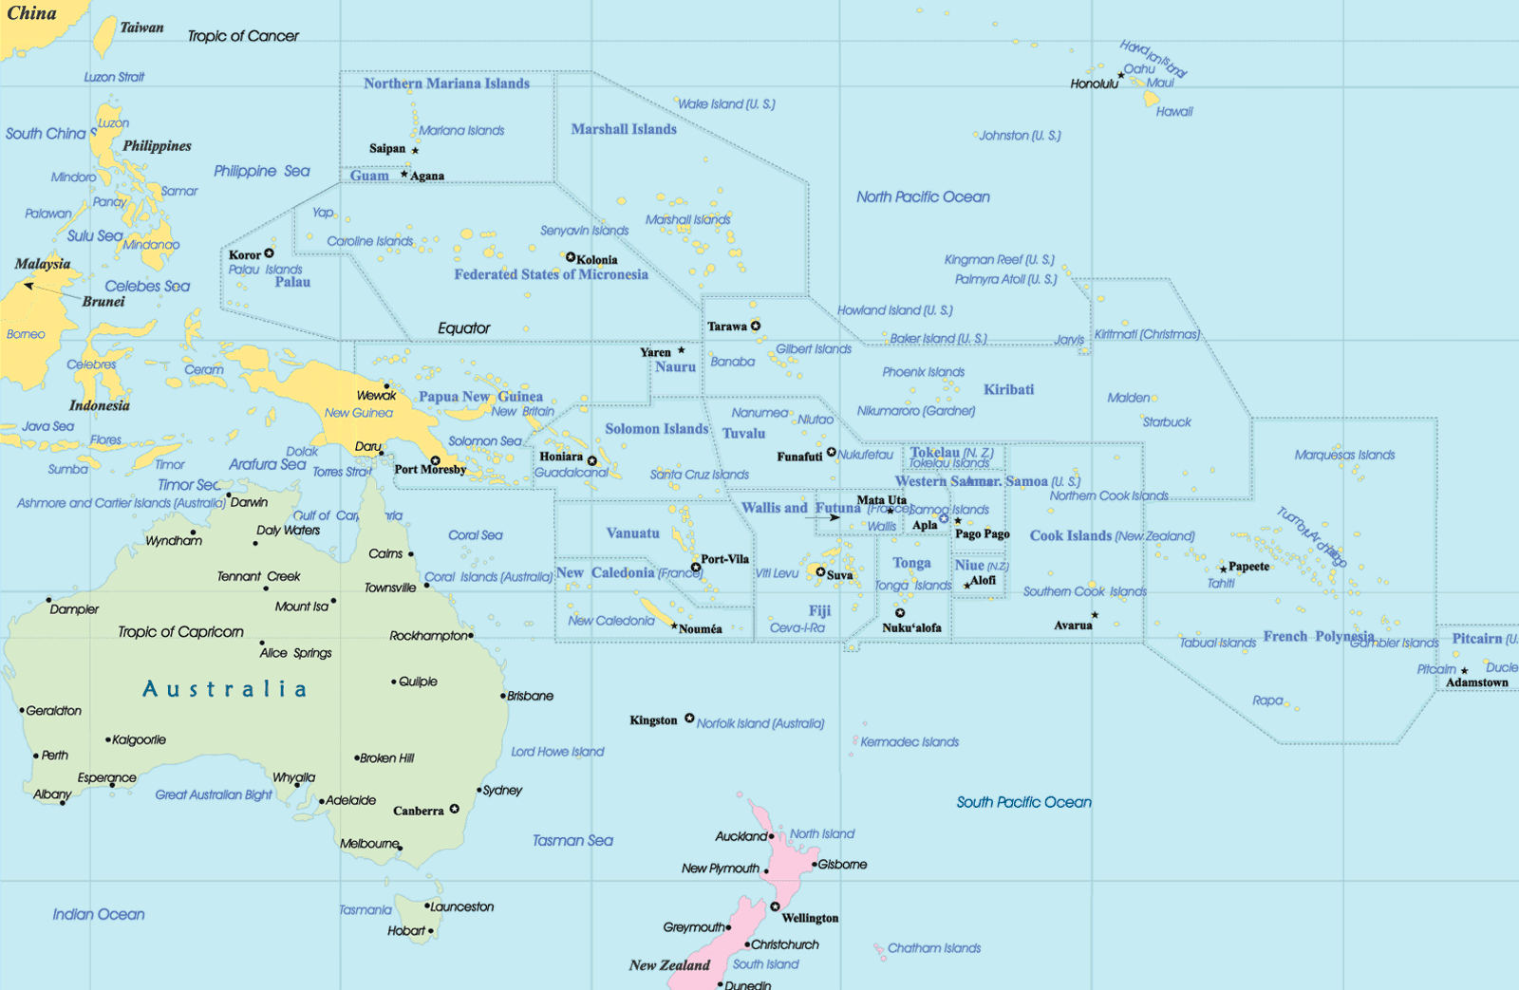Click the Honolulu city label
click(x=1094, y=84)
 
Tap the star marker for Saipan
click(x=415, y=150)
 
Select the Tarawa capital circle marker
click(x=756, y=326)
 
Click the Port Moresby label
click(x=430, y=469)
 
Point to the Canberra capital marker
click(x=455, y=809)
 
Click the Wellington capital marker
click(x=775, y=906)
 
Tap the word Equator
click(x=463, y=328)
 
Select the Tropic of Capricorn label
click(x=180, y=632)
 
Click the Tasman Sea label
click(x=572, y=841)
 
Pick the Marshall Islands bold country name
click(x=624, y=129)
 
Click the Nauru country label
click(x=675, y=367)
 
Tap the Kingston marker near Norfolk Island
click(x=689, y=719)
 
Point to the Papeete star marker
click(x=1223, y=570)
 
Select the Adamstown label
click(x=1476, y=682)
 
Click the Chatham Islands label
click(x=934, y=948)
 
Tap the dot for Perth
click(x=36, y=756)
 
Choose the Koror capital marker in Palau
click(x=270, y=253)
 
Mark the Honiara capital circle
click(x=592, y=460)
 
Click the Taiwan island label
click(x=141, y=28)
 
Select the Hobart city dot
click(x=431, y=931)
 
